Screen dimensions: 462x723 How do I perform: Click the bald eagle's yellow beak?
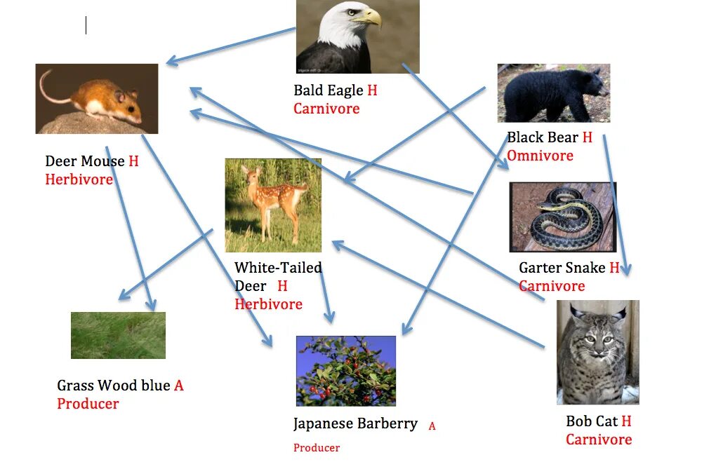coord(369,17)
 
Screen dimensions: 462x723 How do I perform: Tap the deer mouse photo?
coord(96,99)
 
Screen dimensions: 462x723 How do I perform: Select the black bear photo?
coord(553,93)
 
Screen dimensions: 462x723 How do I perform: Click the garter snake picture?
coord(563,217)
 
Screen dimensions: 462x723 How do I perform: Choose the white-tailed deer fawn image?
coord(273,205)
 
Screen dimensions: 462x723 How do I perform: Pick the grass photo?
coord(118,335)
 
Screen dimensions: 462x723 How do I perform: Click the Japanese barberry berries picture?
coord(345,370)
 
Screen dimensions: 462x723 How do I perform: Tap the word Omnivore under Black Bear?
coord(540,156)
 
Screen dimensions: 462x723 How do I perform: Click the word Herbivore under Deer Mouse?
coord(79,179)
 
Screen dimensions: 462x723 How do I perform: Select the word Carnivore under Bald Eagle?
coord(326,109)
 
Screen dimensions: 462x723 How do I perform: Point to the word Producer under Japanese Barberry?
coord(317,448)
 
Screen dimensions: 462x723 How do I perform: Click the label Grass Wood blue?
coord(114,386)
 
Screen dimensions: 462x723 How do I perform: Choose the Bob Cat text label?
coord(592,421)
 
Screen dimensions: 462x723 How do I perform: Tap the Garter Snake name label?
coord(562,268)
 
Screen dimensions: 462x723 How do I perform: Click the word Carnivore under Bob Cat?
coord(599,440)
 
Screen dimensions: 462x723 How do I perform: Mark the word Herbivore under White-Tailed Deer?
coord(268,304)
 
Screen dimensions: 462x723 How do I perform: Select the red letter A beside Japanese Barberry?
coord(432,426)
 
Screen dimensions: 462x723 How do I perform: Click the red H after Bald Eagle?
coord(372,90)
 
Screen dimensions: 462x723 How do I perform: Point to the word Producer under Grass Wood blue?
coord(88,404)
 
